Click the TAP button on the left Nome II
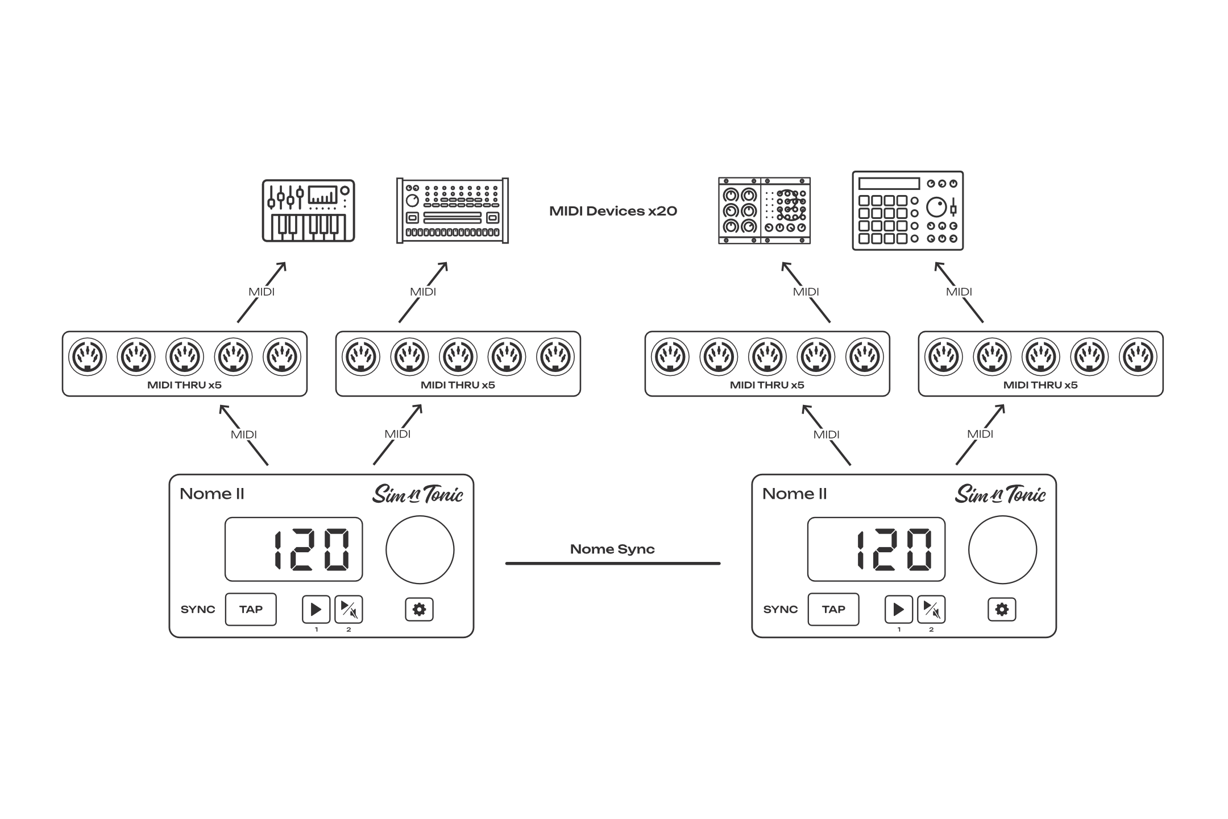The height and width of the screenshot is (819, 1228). pos(251,609)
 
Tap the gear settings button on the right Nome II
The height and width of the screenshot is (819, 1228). pos(1002,609)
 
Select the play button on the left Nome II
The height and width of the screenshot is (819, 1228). pos(316,609)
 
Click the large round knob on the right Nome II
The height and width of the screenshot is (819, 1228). pos(1002,549)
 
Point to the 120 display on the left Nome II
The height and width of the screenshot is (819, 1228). pos(293,549)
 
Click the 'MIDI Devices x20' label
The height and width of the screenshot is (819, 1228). pos(613,211)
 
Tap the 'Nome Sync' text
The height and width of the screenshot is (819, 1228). pos(612,549)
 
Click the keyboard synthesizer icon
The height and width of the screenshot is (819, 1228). pos(308,211)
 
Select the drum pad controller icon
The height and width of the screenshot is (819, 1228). pos(908,210)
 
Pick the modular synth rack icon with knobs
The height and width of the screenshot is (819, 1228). pos(765,210)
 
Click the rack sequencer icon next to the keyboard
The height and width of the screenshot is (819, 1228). pos(453,210)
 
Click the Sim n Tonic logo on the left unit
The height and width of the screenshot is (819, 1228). pos(418,494)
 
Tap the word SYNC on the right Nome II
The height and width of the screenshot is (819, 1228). pos(781,609)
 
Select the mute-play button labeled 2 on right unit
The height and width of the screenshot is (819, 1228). pos(931,609)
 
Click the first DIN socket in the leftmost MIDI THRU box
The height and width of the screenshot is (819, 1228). pos(88,357)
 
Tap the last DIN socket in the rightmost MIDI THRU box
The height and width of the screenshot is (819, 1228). pos(1138,357)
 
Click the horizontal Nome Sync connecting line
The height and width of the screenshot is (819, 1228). pos(613,563)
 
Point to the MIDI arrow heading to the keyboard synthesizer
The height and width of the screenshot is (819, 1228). pos(262,292)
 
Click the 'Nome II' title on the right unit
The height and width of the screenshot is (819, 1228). pos(795,494)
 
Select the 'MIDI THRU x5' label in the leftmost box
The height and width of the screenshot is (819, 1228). pos(184,385)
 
